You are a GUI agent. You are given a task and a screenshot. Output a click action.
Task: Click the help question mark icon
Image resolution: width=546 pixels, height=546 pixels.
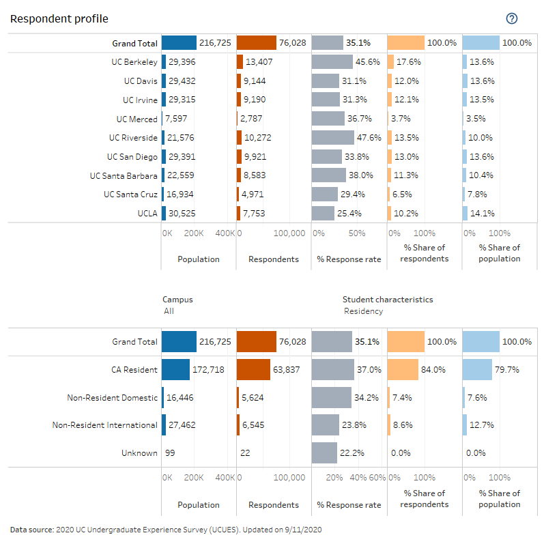coord(512,18)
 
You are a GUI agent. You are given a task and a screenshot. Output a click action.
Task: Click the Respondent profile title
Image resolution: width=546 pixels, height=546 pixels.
coord(59,19)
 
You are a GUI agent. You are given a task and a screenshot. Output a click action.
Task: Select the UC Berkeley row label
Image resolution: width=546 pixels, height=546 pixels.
coord(134,62)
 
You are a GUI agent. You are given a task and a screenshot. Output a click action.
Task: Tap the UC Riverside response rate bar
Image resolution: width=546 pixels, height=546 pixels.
coord(333,138)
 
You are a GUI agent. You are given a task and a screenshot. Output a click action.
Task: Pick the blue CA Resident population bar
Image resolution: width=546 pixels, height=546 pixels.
coord(175,370)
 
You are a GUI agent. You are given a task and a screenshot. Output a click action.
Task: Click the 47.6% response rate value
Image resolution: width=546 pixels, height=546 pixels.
coord(369,138)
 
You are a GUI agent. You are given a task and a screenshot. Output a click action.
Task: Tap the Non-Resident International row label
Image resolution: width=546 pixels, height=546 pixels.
coord(105,425)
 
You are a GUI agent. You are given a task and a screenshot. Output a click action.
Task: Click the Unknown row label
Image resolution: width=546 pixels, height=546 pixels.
coord(139,453)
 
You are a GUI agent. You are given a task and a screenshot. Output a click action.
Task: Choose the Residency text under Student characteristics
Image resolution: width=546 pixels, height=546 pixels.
coord(362,311)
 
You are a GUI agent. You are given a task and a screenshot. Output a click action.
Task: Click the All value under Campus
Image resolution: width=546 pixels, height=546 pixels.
coord(169,311)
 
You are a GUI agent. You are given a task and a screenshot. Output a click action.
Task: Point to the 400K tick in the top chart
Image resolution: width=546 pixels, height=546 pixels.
coord(225,233)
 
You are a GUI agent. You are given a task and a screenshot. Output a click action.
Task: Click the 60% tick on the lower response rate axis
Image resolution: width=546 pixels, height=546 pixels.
coord(377,478)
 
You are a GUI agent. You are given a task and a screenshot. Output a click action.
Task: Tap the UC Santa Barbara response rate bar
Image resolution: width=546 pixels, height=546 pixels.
coord(329,175)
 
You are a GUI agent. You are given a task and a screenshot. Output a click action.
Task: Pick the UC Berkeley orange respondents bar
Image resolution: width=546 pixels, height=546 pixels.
coord(240,62)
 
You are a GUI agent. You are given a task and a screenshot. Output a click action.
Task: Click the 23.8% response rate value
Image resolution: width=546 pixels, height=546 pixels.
coord(355,425)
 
